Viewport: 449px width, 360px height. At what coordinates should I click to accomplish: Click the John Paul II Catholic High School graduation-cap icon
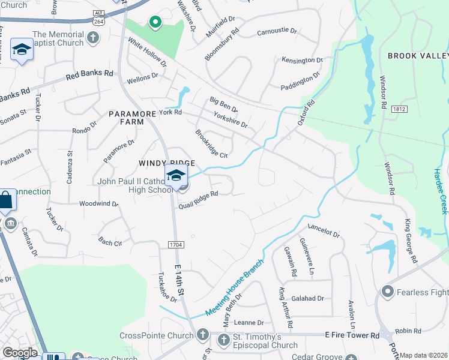[x=176, y=176]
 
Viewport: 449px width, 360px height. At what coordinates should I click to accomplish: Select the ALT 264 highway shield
[x=98, y=17]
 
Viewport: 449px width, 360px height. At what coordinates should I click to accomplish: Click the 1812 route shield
[x=396, y=109]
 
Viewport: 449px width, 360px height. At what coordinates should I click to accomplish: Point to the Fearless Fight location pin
[x=388, y=292]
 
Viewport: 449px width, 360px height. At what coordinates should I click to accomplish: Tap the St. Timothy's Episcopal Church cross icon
[x=223, y=340]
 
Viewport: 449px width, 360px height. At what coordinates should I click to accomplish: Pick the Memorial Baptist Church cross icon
[x=92, y=38]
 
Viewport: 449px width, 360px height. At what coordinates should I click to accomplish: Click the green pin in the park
[x=155, y=23]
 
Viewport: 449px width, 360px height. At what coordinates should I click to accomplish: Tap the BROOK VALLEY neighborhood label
[x=418, y=56]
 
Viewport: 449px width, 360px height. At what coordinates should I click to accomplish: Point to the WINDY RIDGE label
[x=166, y=163]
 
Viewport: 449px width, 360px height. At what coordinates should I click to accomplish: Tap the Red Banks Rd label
[x=89, y=75]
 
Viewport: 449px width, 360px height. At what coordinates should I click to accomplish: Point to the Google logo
[x=20, y=353]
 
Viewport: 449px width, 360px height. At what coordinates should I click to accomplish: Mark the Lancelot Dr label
[x=324, y=230]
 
